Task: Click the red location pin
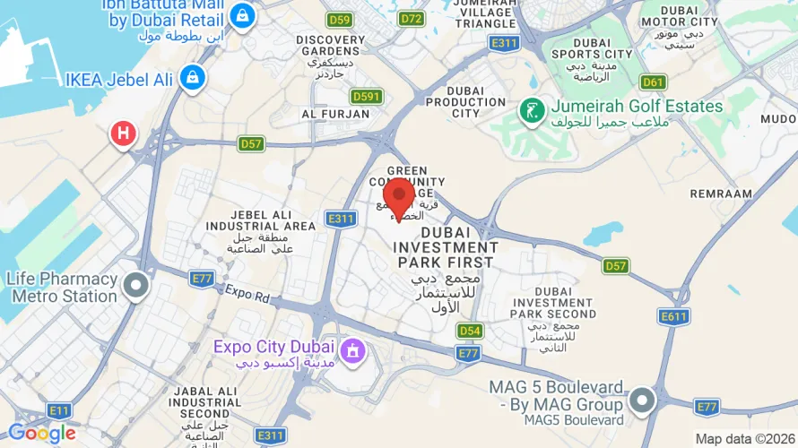(x=398, y=196)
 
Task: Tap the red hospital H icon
(x=123, y=134)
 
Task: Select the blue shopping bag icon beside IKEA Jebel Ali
(x=191, y=79)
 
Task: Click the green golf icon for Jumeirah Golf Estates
(x=533, y=111)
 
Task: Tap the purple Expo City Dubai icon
(x=352, y=349)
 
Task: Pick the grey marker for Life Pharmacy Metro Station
(x=136, y=287)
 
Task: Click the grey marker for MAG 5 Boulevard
(x=641, y=400)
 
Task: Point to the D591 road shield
(x=367, y=96)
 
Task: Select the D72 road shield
(x=412, y=18)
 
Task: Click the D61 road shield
(x=654, y=82)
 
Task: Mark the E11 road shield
(x=60, y=410)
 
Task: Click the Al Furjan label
(x=330, y=114)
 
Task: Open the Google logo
(x=41, y=434)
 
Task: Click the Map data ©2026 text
(x=744, y=438)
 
